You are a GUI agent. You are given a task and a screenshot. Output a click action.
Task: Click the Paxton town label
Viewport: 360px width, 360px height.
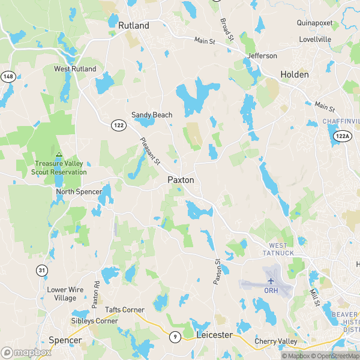(x=181, y=179)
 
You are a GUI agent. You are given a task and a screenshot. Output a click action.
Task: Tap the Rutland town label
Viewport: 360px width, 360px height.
(x=134, y=26)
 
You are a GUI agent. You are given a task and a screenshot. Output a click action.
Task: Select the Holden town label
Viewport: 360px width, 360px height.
(x=295, y=75)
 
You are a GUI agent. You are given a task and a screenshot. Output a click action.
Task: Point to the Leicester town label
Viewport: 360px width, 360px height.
(x=214, y=335)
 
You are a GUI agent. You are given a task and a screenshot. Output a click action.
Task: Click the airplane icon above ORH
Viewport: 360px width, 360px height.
(x=271, y=281)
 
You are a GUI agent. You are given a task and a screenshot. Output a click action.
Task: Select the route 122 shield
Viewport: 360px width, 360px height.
(x=117, y=124)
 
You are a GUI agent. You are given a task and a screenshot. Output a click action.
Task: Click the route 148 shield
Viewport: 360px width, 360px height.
(x=8, y=76)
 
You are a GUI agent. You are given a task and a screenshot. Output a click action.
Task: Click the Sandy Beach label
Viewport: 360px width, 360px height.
(x=152, y=115)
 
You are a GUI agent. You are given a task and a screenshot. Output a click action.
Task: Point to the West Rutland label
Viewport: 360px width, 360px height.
(x=75, y=69)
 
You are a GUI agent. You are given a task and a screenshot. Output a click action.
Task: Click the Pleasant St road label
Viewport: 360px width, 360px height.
(x=150, y=151)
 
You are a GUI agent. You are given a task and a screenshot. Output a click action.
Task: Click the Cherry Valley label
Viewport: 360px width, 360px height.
(x=276, y=341)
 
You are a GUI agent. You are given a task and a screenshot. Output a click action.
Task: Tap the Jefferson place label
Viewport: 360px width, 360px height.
(x=263, y=56)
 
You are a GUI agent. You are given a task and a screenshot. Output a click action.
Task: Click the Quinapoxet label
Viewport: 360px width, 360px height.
(x=315, y=23)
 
